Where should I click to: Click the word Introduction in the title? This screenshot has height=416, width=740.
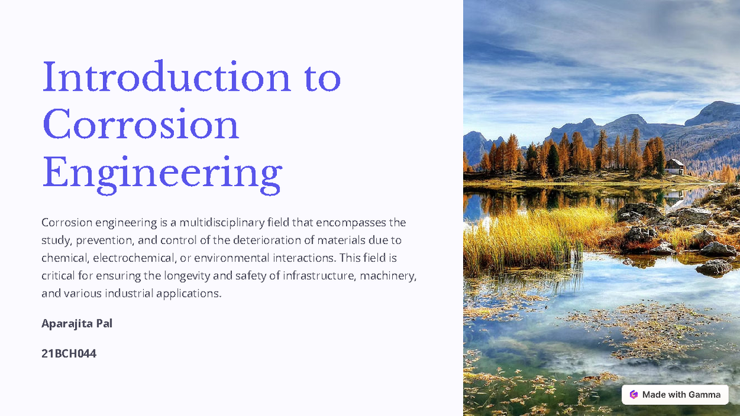point(165,78)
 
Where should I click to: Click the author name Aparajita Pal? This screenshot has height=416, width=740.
point(76,324)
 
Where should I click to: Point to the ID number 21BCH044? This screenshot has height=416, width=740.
point(69,354)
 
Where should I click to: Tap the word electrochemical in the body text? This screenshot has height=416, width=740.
point(133,258)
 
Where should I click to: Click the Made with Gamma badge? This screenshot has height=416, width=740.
point(675,394)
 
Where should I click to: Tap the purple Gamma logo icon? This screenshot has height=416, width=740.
point(633,394)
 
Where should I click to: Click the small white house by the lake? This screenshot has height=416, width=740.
point(675,166)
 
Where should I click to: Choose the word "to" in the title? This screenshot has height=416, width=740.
point(322,78)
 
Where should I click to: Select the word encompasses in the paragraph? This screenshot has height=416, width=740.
point(348,222)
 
